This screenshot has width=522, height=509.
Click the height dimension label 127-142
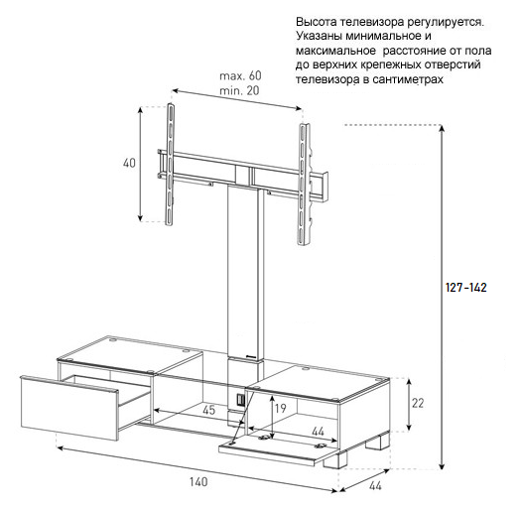[466, 288]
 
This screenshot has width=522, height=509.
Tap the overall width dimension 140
[198, 481]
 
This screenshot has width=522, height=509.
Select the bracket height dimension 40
[129, 163]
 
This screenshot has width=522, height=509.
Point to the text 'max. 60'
[240, 75]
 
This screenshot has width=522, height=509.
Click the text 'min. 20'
[239, 90]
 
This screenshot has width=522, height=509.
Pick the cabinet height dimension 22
[418, 403]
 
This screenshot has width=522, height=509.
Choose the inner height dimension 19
[281, 408]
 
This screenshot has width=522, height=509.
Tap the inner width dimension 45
[209, 410]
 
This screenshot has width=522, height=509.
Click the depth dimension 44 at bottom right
[375, 486]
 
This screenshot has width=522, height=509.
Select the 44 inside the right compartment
[318, 432]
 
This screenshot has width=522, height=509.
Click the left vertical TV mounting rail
[171, 164]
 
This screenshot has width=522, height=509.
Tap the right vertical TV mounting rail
[305, 185]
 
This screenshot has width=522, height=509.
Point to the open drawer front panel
[69, 409]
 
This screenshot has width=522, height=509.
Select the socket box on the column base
[240, 400]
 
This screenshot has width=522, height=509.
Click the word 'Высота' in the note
[316, 22]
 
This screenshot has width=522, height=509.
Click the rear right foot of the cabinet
[378, 440]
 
